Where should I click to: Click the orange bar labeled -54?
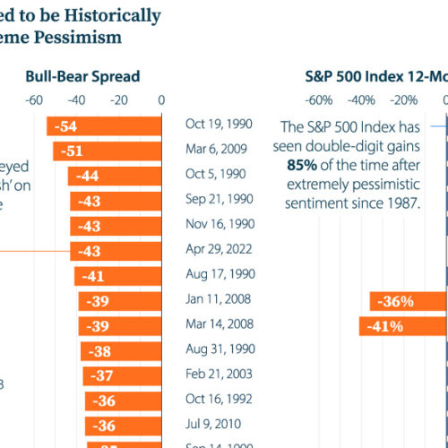[104, 126]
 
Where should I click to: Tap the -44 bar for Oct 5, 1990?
[115, 177]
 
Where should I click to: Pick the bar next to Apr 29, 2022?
[116, 252]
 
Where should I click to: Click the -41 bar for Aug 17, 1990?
[118, 277]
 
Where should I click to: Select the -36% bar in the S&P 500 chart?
[408, 302]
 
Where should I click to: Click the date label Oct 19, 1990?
[219, 125]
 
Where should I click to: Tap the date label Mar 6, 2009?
[215, 151]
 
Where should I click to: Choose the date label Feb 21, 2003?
[218, 373]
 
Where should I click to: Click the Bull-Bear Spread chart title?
[82, 76]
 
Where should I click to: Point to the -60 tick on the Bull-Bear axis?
[36, 99]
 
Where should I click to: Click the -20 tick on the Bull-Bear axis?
[119, 99]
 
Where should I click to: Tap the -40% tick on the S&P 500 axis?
[361, 99]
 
